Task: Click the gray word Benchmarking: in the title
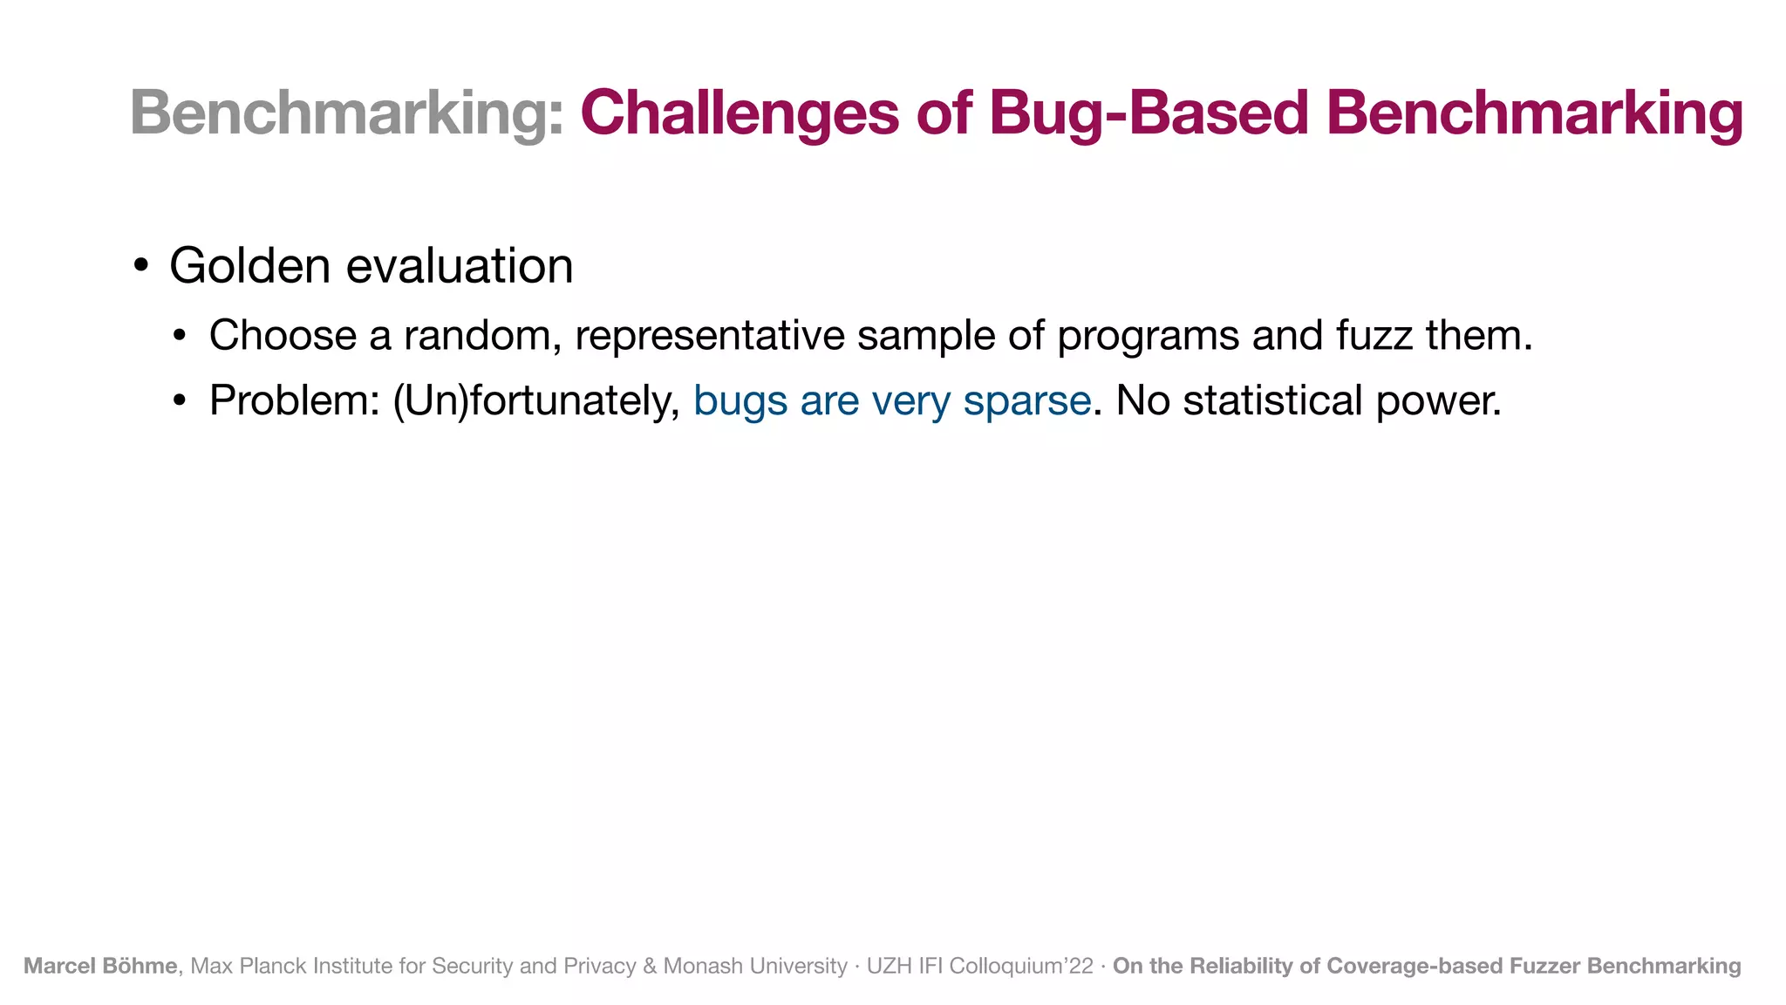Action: (347, 113)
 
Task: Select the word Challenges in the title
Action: (740, 113)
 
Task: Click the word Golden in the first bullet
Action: (250, 266)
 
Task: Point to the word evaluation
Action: (460, 266)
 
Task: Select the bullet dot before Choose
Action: (180, 336)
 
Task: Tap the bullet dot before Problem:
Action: (180, 401)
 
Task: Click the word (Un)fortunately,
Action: (536, 401)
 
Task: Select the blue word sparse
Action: (1026, 401)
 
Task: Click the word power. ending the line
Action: (1439, 401)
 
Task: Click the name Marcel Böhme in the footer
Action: (100, 966)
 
